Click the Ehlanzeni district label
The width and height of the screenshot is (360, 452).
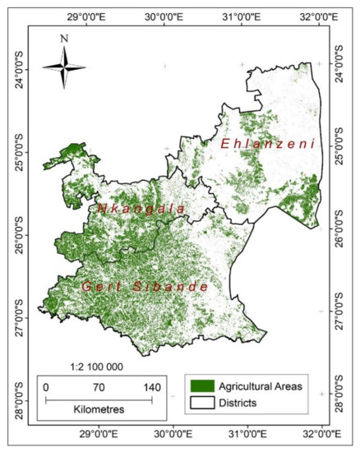267,144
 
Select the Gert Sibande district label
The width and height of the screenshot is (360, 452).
145,286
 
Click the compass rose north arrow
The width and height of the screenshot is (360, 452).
64,65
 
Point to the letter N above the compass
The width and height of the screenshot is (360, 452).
64,38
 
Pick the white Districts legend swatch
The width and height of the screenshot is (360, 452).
201,403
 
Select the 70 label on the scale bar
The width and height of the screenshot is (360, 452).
99,387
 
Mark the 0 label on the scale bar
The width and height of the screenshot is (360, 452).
46,387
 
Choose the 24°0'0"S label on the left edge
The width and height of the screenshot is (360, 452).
14,68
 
